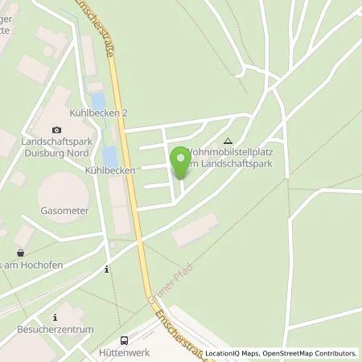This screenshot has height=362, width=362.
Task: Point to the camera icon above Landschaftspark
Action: click(56, 130)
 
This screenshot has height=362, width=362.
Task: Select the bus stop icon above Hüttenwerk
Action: click(124, 340)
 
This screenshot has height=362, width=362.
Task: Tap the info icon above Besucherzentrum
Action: click(55, 317)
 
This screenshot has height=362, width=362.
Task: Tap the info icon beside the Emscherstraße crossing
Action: click(107, 269)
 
